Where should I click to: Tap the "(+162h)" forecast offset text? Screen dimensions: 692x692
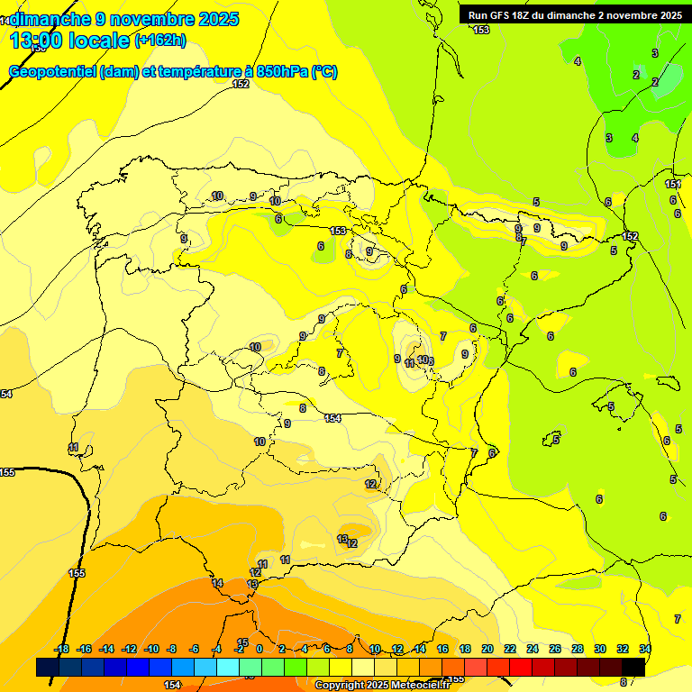[x=160, y=41]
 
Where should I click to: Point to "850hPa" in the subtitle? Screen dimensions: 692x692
[x=281, y=72]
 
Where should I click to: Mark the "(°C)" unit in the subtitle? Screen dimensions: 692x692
[x=323, y=72]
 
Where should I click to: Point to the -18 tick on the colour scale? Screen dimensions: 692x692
[x=62, y=649]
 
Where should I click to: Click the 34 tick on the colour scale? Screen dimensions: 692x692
[x=645, y=649]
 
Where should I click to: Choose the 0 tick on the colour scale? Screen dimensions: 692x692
[x=259, y=649]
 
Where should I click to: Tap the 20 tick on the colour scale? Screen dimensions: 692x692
[x=487, y=649]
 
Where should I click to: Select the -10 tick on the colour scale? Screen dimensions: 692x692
[x=150, y=649]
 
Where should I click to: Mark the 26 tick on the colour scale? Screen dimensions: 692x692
[x=555, y=649]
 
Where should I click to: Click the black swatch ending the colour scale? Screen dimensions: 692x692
[x=633, y=667]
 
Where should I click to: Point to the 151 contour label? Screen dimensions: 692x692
[x=672, y=185]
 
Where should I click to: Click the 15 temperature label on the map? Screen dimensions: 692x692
[x=242, y=617]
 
